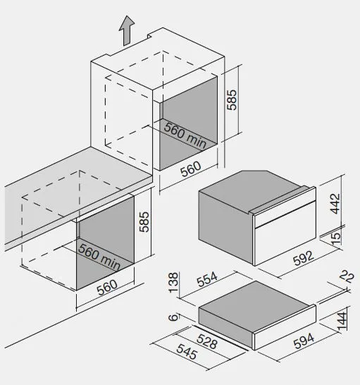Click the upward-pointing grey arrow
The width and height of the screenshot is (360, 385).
click(x=127, y=31)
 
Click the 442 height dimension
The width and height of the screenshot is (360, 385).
click(x=335, y=204)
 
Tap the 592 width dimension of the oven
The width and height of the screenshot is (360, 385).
click(x=304, y=258)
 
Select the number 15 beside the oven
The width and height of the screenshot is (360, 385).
click(x=336, y=238)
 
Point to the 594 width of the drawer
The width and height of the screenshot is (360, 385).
click(x=304, y=341)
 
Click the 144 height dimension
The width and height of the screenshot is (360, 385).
click(x=342, y=321)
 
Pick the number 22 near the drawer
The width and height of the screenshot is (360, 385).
click(x=347, y=277)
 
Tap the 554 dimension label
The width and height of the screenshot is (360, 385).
click(x=207, y=279)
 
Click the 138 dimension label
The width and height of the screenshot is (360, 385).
click(x=173, y=282)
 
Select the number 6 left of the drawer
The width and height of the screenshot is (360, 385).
click(x=173, y=318)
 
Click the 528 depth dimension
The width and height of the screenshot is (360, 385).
click(x=207, y=341)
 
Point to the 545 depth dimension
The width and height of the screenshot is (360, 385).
click(x=187, y=352)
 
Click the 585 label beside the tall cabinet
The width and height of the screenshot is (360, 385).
click(x=232, y=99)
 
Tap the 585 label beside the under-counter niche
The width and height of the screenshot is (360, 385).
click(x=144, y=221)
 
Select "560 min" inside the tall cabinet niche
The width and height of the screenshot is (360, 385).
click(x=185, y=135)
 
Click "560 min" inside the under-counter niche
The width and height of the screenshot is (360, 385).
click(x=99, y=257)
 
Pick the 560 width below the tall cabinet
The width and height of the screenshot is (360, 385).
click(x=191, y=169)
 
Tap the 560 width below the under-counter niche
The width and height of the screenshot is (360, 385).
click(x=107, y=287)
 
